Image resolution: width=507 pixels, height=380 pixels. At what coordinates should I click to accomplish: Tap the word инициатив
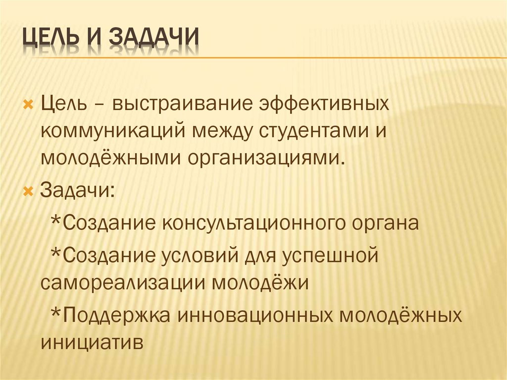pos(92,342)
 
